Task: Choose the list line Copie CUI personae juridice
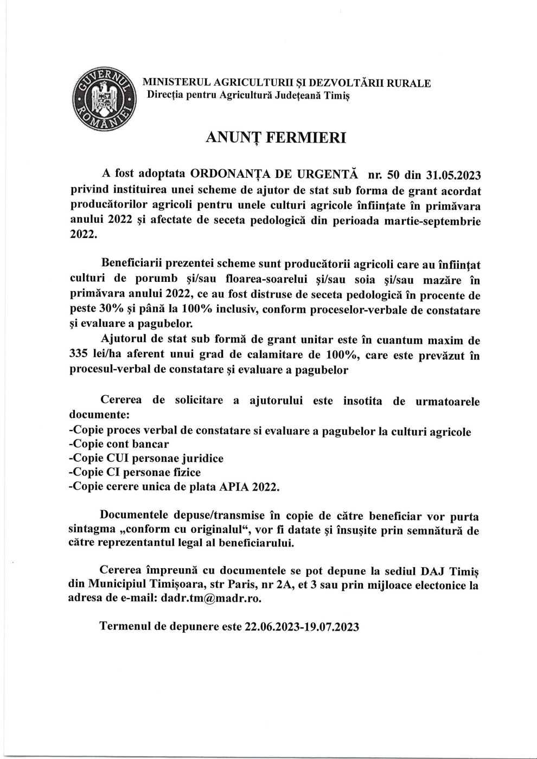click(x=146, y=459)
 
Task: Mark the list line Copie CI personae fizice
click(x=135, y=473)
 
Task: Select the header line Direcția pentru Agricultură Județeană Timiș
click(x=245, y=96)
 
